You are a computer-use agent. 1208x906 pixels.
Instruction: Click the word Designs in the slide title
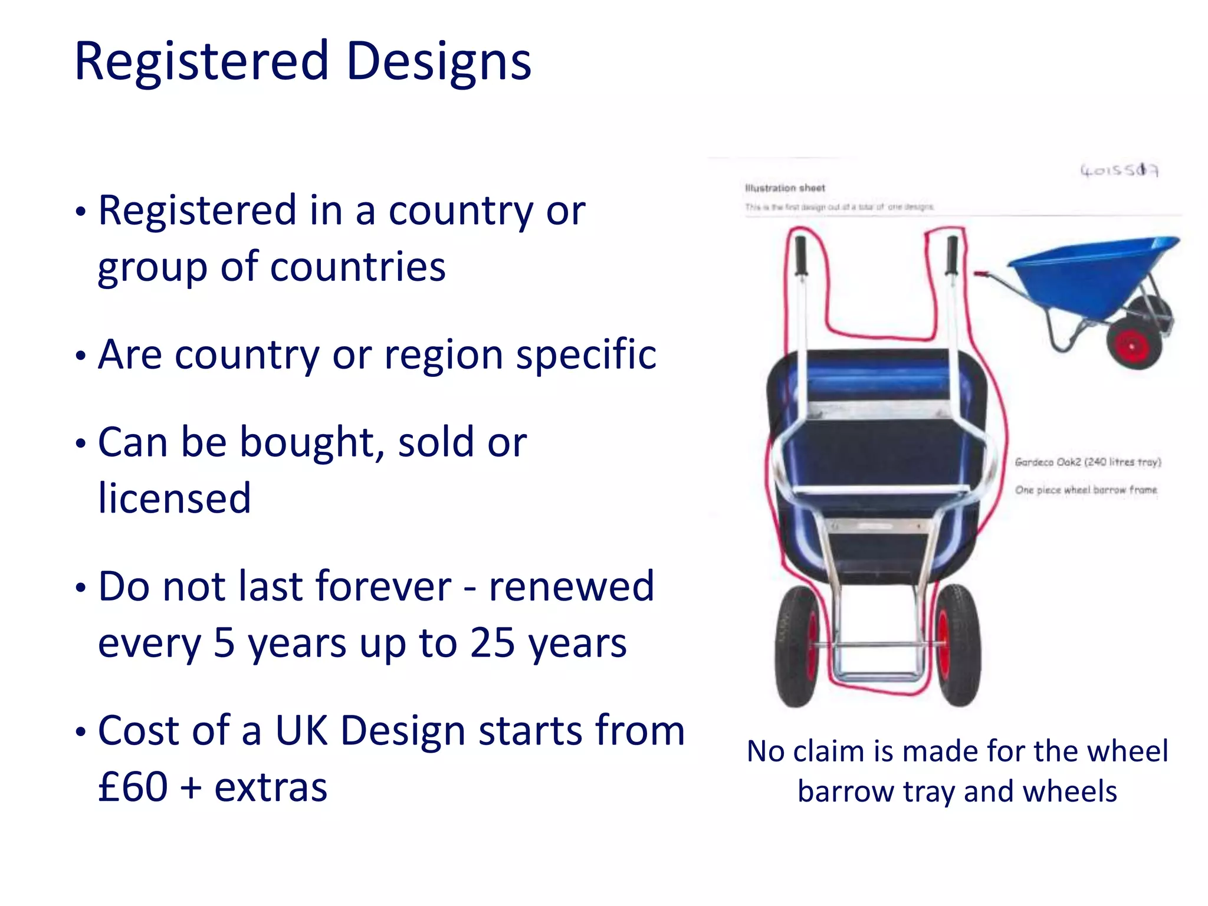pos(438,61)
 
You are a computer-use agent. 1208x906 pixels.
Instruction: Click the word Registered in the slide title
pos(201,61)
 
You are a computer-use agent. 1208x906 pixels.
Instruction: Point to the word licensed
pos(175,498)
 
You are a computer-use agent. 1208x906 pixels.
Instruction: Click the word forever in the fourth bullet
pos(383,586)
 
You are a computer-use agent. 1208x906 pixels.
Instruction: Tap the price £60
pos(133,787)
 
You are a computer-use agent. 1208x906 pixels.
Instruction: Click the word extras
pos(271,787)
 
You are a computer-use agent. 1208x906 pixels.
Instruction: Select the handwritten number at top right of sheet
pos(1119,170)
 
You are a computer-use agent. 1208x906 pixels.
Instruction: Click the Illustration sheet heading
pos(785,188)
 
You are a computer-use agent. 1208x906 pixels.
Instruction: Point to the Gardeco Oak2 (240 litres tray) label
pos(1088,462)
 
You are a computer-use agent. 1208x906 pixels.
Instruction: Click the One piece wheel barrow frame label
pos(1086,490)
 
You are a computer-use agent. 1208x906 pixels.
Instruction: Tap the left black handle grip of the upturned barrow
pos(800,255)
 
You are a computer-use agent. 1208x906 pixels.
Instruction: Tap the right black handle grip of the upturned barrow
pos(952,255)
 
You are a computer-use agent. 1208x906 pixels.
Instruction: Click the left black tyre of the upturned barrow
pos(794,646)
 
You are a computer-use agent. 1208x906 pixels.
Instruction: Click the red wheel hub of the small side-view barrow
pos(1132,346)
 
